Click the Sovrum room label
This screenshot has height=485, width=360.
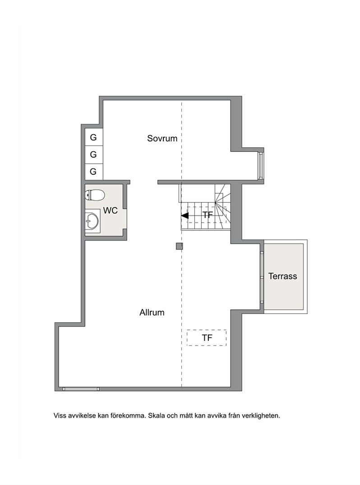tap(162, 138)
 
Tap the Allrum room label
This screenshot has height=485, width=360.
tap(152, 312)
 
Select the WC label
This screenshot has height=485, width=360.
tap(111, 210)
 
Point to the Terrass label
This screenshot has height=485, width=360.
tap(282, 276)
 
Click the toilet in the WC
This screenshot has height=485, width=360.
tap(95, 195)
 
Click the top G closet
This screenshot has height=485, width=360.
tap(94, 137)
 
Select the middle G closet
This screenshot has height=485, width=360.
tap(94, 154)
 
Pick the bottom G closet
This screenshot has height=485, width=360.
tap(94, 171)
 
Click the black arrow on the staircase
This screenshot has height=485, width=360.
tap(185, 215)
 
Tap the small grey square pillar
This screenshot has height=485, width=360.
tap(179, 246)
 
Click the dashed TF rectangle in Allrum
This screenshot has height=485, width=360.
tap(207, 337)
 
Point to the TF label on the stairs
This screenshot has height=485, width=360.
tap(208, 215)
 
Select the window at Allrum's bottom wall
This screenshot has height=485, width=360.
tap(81, 389)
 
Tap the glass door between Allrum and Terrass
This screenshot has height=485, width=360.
tap(262, 277)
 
